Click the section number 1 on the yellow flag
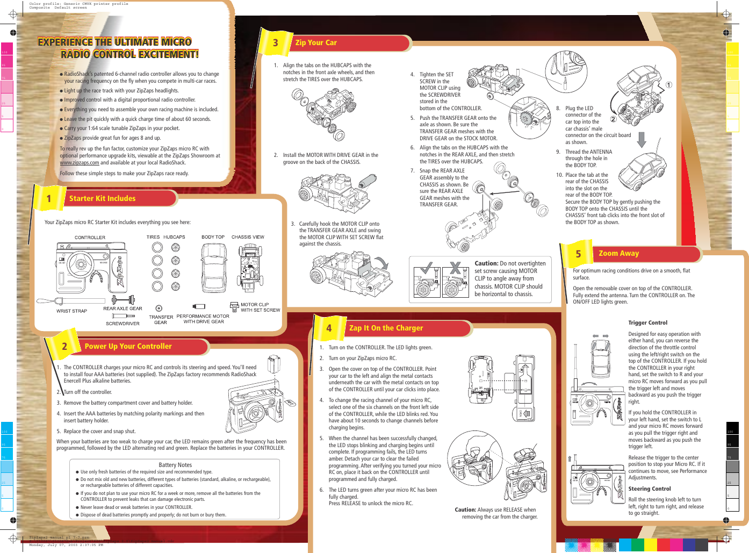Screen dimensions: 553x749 click(49, 199)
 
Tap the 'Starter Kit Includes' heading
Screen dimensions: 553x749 click(102, 198)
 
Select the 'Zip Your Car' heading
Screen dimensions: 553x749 click(316, 42)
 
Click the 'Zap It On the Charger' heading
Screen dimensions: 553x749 click(386, 328)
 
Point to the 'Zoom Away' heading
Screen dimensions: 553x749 click(618, 253)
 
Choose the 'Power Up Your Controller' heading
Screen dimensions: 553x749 click(128, 346)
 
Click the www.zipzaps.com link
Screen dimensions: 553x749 click(79, 163)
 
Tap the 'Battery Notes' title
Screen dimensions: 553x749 click(175, 465)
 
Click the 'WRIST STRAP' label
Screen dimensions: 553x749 click(71, 311)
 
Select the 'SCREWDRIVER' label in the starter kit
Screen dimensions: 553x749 click(123, 324)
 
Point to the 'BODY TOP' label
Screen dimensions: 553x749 click(213, 237)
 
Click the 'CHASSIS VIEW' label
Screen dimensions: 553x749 click(248, 237)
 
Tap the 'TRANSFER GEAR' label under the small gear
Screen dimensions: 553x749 click(161, 320)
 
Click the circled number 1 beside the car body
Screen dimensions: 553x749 click(669, 85)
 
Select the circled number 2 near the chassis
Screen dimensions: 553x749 click(613, 119)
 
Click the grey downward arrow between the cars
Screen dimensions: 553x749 click(641, 139)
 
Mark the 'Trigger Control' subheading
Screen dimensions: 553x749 click(647, 322)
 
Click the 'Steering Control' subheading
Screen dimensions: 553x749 click(650, 489)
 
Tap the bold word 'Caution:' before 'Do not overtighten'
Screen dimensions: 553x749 click(486, 263)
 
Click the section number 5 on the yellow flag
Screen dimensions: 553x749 click(578, 254)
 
